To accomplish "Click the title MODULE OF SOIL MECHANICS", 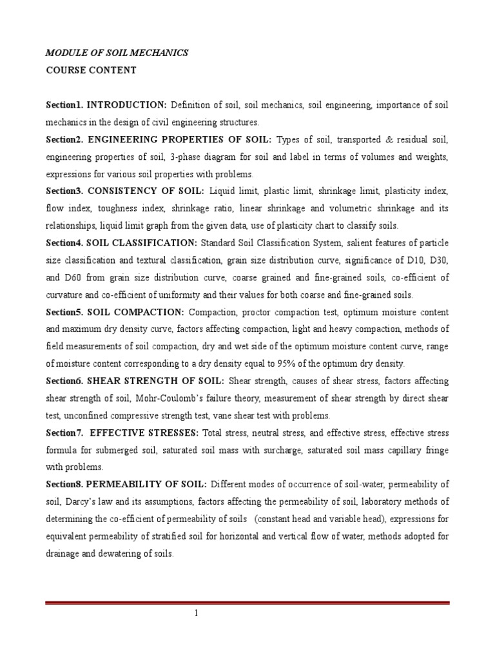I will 117,53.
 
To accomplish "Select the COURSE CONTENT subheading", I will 91,70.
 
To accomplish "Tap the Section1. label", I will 64,104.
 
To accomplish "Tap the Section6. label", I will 64,381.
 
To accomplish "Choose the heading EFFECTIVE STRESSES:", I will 146,432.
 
